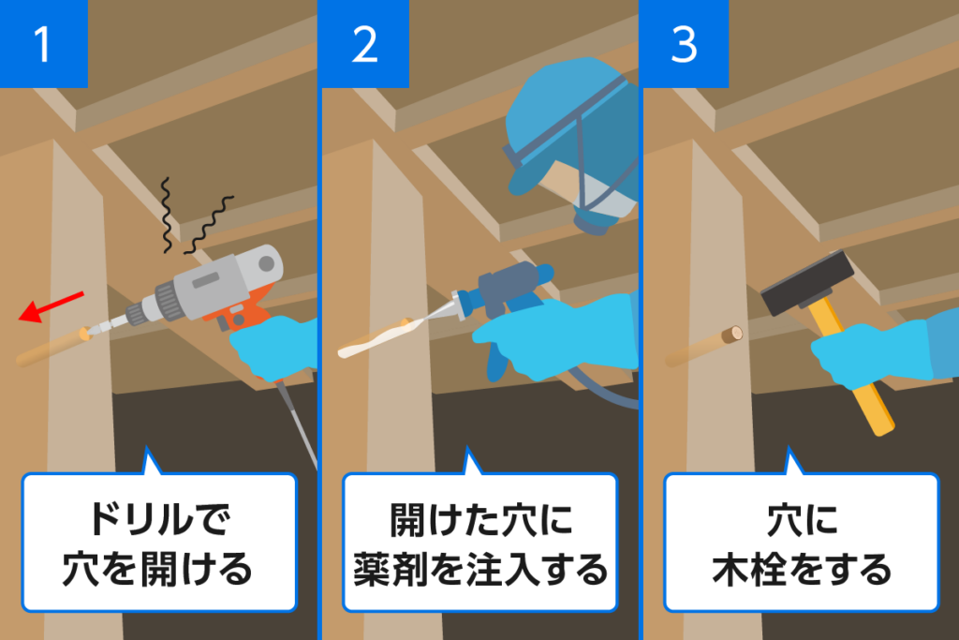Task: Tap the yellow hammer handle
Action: click(866, 394)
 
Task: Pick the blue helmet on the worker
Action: click(562, 112)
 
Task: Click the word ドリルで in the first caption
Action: click(158, 521)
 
